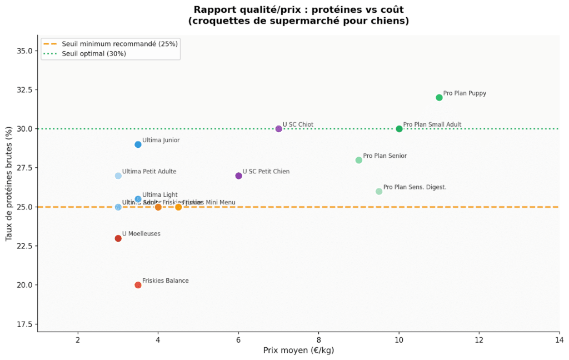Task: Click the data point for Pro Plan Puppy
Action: pyautogui.click(x=439, y=98)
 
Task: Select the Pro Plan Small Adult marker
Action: pyautogui.click(x=399, y=129)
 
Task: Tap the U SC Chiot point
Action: pyautogui.click(x=279, y=129)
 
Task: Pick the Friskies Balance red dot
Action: pyautogui.click(x=138, y=285)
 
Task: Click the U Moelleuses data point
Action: pyautogui.click(x=118, y=238)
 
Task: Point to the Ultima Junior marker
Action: pyautogui.click(x=138, y=144)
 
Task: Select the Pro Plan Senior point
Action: pyautogui.click(x=359, y=160)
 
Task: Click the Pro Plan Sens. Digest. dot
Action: pyautogui.click(x=379, y=191)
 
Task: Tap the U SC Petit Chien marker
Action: pyautogui.click(x=238, y=176)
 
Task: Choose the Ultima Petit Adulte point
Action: pyautogui.click(x=118, y=176)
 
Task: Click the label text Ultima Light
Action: pyautogui.click(x=160, y=195)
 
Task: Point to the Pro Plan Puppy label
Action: pyautogui.click(x=465, y=93)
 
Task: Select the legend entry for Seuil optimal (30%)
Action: pyautogui.click(x=94, y=53)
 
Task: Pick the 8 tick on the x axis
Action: pyautogui.click(x=318, y=340)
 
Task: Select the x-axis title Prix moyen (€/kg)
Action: pyautogui.click(x=298, y=351)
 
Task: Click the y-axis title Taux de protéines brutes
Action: pyautogui.click(x=9, y=183)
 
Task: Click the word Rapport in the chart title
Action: pyautogui.click(x=211, y=9)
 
